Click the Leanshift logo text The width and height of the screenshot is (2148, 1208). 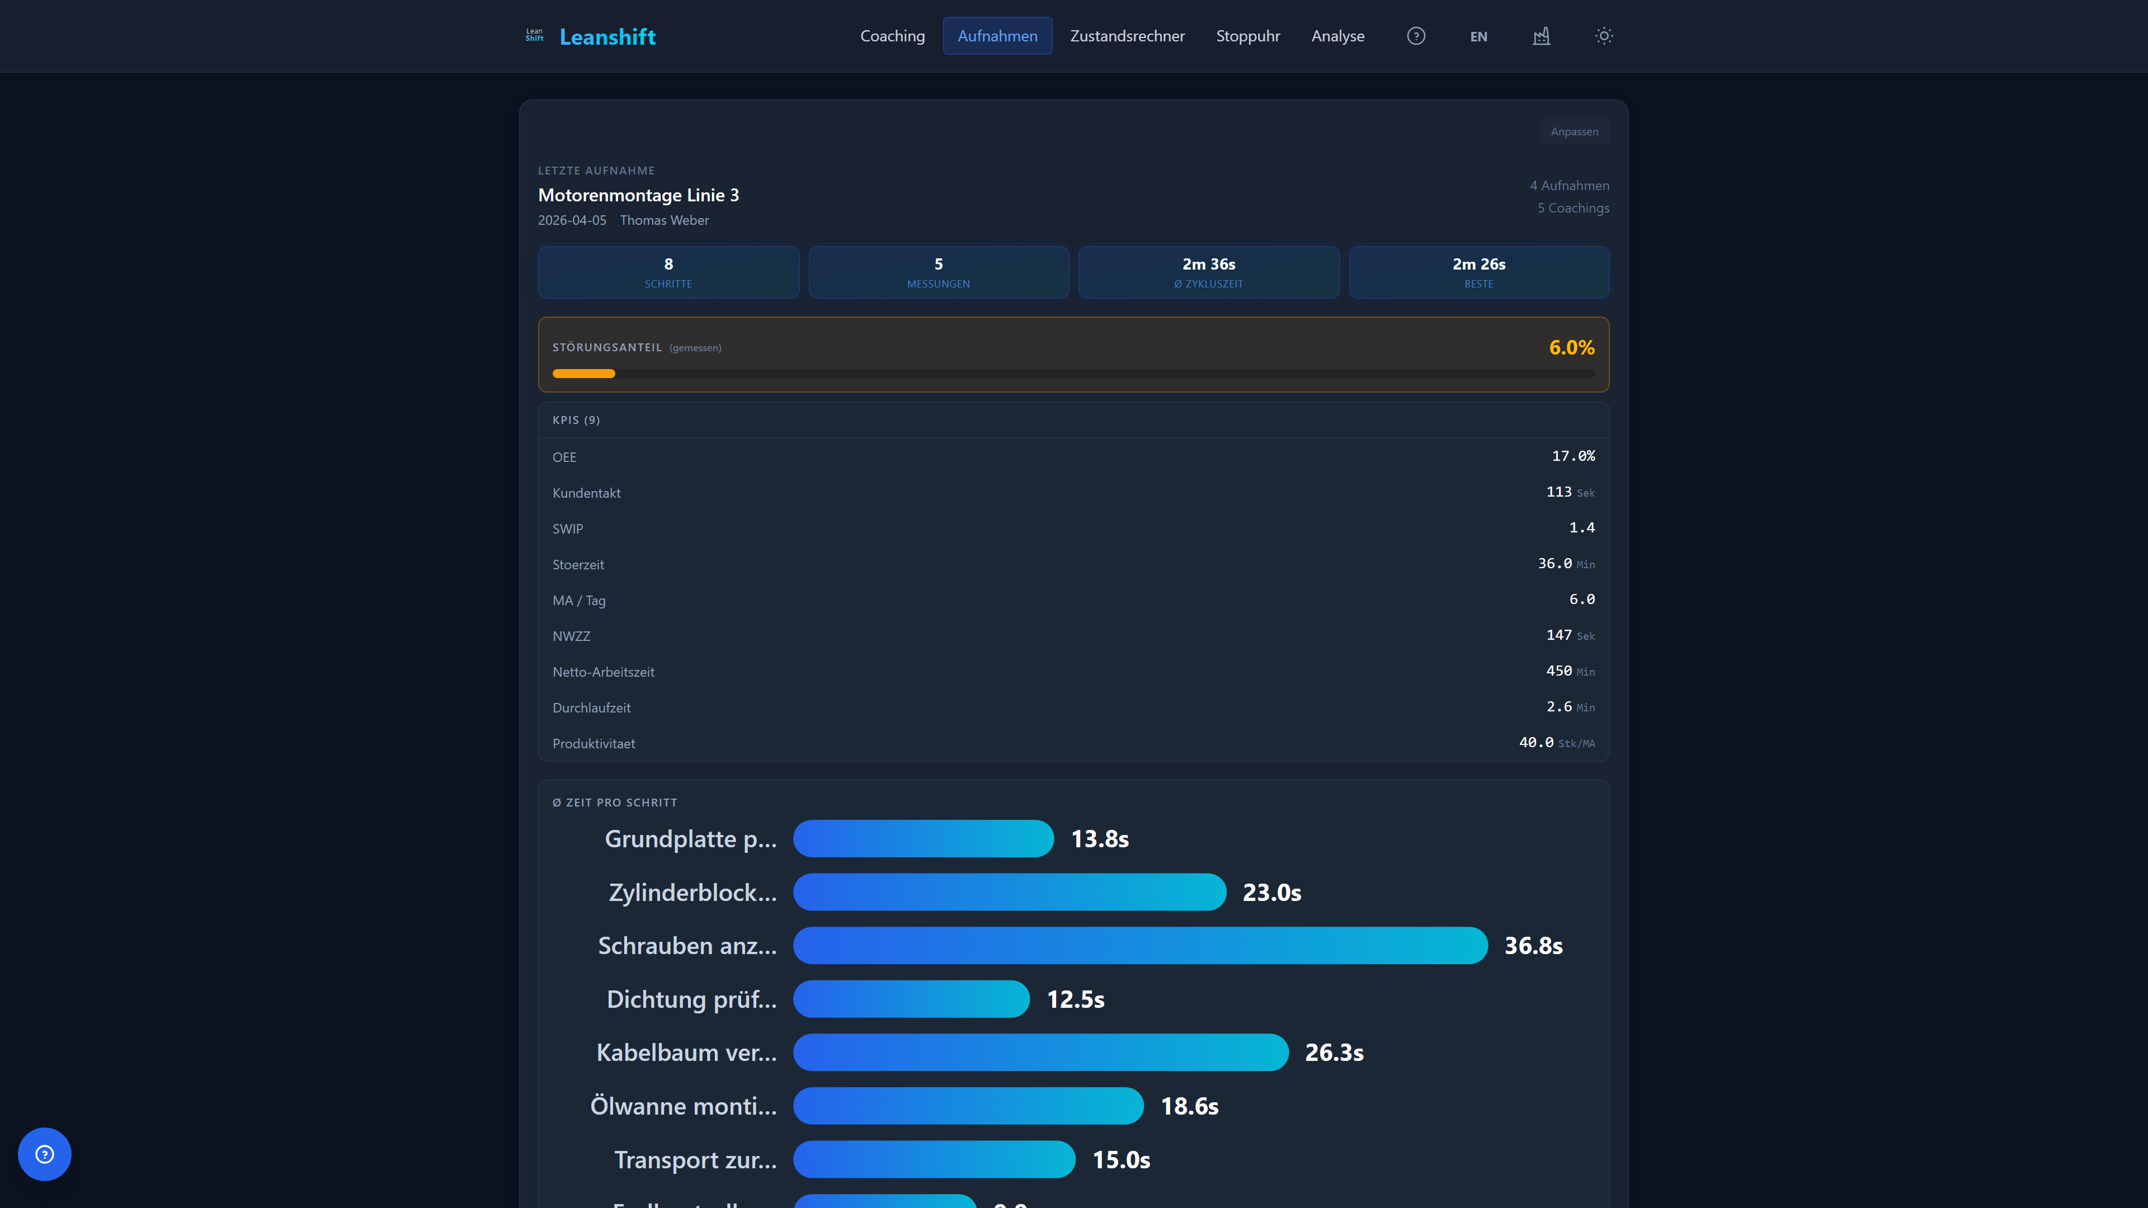[x=607, y=37]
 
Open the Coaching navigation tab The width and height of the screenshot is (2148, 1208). [x=892, y=36]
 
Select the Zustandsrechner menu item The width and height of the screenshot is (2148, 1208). [x=1127, y=36]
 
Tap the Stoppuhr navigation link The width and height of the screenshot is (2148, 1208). [x=1247, y=36]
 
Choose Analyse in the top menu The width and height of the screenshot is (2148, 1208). [x=1337, y=36]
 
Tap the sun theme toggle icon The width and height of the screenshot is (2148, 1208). [x=1604, y=36]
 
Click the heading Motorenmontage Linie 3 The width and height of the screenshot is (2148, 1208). [x=638, y=195]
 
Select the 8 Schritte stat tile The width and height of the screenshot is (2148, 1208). [x=668, y=272]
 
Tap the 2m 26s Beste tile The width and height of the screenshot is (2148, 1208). [x=1478, y=272]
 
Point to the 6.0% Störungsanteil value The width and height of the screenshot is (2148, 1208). [x=1571, y=348]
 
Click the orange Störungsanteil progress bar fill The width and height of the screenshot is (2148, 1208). [x=583, y=374]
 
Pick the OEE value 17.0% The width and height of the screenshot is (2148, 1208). [x=1572, y=456]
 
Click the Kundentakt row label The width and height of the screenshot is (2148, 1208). [x=586, y=493]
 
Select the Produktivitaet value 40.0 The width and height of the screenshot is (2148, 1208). [x=1536, y=742]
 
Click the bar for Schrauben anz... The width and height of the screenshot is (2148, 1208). [x=1140, y=945]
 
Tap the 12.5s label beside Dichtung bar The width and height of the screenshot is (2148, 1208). [x=1075, y=999]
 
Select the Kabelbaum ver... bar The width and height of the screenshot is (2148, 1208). [x=1040, y=1052]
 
